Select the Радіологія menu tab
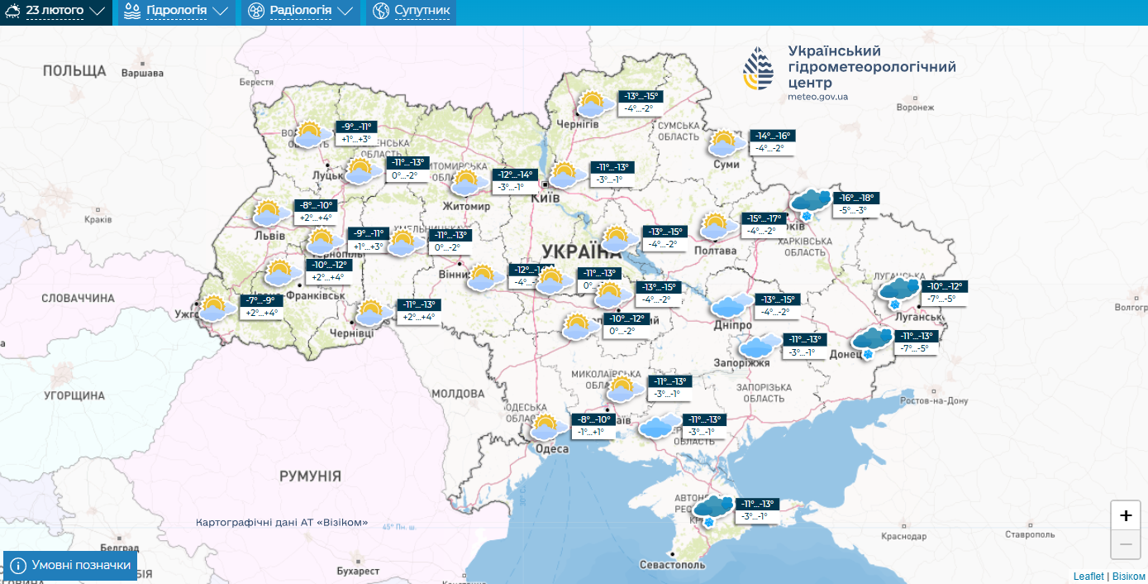click(300, 12)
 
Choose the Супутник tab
click(411, 12)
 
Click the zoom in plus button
click(1125, 515)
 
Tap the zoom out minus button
click(1125, 544)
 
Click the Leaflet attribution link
click(1088, 576)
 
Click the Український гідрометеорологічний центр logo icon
click(759, 68)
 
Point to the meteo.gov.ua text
click(817, 97)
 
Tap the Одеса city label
click(551, 448)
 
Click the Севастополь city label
click(672, 564)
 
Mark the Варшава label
click(142, 73)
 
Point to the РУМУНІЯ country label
click(310, 476)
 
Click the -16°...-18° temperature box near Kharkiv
click(855, 198)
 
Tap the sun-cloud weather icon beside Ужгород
click(215, 309)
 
